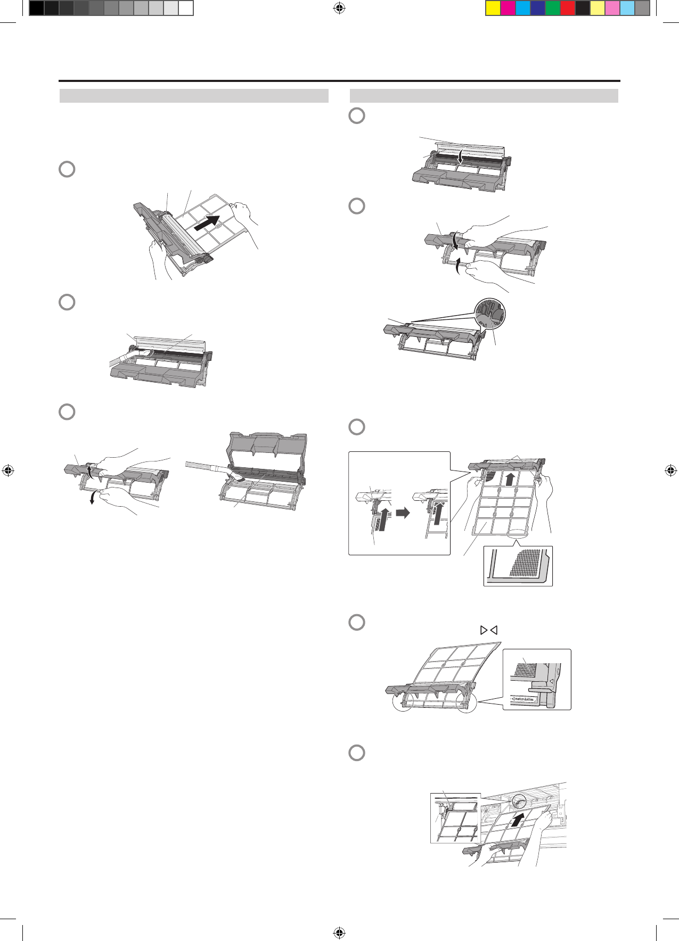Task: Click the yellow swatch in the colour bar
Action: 493,9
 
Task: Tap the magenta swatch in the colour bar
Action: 508,9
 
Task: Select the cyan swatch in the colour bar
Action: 523,9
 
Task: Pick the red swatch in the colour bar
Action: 568,9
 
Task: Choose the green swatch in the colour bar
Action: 553,9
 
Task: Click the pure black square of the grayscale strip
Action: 36,9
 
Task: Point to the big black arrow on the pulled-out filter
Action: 207,222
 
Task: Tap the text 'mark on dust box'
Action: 525,698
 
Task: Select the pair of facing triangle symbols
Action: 488,630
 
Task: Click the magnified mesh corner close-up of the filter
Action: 518,566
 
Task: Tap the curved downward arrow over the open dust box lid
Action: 461,156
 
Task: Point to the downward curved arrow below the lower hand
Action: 93,497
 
